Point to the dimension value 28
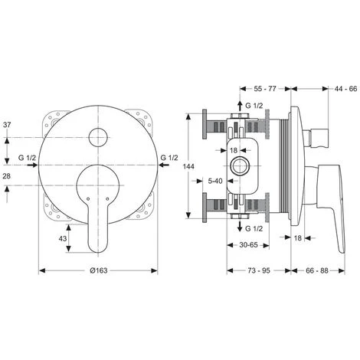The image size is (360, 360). point(7,176)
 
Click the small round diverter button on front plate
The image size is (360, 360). point(98,138)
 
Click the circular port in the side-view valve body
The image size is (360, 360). point(244,165)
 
